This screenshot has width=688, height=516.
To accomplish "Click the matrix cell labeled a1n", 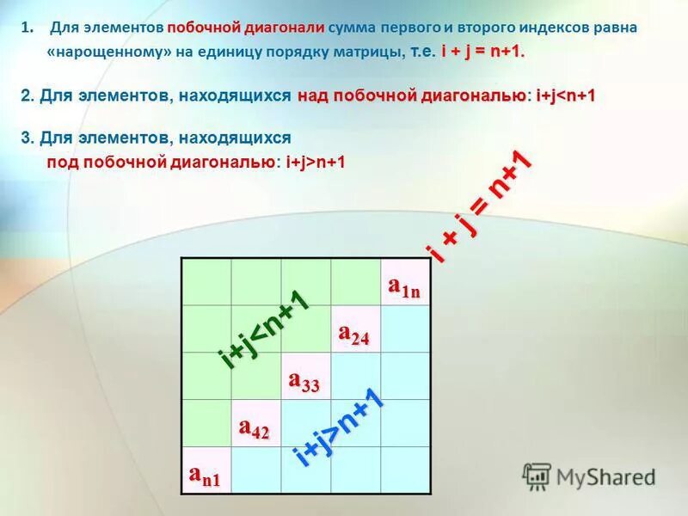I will (404, 282).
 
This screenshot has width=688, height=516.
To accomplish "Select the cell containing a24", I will (354, 329).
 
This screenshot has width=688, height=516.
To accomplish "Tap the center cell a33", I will (305, 377).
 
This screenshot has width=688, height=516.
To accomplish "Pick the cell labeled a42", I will (255, 424).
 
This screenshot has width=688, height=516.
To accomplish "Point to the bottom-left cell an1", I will (206, 470).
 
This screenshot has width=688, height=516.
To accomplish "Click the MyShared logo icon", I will (537, 476).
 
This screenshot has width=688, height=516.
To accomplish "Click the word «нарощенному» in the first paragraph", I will (95, 52).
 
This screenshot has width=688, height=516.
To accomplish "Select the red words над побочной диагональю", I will (412, 95).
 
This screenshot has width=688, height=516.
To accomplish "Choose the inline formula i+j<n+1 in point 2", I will (565, 95).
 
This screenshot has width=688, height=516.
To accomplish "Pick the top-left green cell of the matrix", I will (206, 282).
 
